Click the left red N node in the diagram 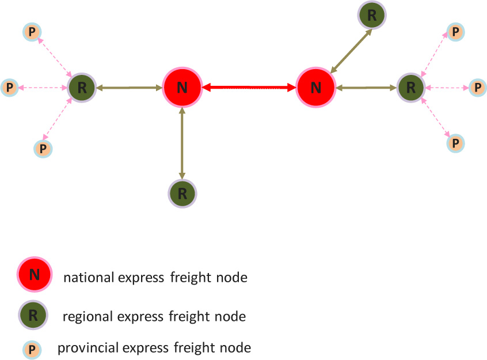(x=182, y=88)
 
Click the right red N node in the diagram (x=315, y=88)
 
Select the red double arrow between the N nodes (x=249, y=88)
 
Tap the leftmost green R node (x=81, y=88)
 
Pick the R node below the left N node (x=182, y=192)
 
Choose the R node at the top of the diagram (x=372, y=16)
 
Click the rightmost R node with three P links (x=411, y=88)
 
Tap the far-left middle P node (x=9, y=88)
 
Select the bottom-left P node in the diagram (x=43, y=149)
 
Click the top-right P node (x=455, y=32)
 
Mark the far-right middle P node (x=477, y=88)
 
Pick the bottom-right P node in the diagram (x=455, y=142)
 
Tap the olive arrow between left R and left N (x=129, y=88)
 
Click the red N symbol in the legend (x=35, y=275)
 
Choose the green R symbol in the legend (x=33, y=315)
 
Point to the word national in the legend (x=89, y=278)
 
